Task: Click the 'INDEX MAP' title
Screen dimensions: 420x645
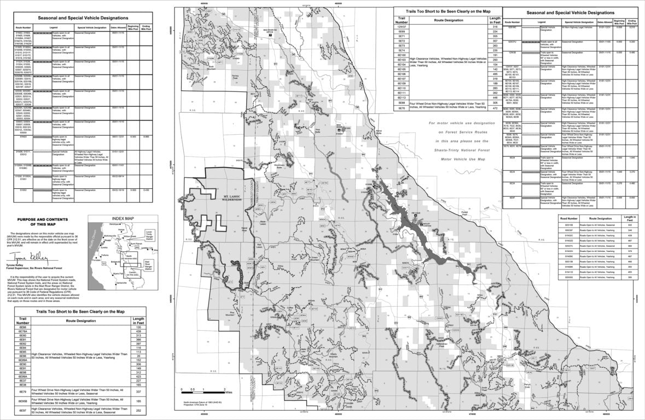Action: click(x=123, y=217)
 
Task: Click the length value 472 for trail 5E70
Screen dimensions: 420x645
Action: click(x=494, y=108)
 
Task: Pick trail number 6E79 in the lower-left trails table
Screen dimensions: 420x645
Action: click(x=23, y=392)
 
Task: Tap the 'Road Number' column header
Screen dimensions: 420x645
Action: click(x=569, y=217)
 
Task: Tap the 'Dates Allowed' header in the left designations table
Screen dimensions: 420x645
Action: click(x=118, y=26)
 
